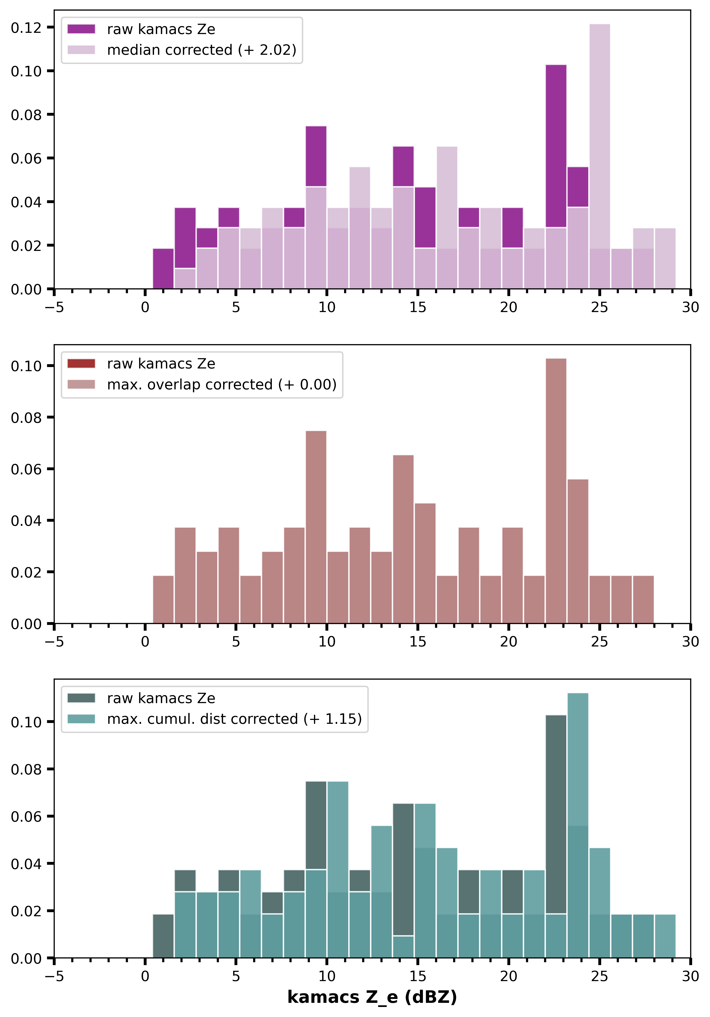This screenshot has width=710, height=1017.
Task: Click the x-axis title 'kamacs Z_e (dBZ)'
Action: pyautogui.click(x=372, y=997)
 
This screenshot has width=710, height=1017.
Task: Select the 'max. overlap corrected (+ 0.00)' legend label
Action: pyautogui.click(x=222, y=384)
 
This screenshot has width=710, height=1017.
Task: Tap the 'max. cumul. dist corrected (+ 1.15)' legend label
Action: pyautogui.click(x=234, y=719)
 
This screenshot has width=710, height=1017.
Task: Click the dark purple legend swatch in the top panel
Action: pyautogui.click(x=81, y=29)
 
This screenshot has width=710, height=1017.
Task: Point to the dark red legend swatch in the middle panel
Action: pyautogui.click(x=81, y=364)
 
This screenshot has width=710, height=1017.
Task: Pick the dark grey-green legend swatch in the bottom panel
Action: pyautogui.click(x=81, y=698)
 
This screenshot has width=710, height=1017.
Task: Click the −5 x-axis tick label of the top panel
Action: pyautogui.click(x=54, y=307)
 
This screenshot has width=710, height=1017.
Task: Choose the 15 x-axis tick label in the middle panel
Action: pyautogui.click(x=417, y=642)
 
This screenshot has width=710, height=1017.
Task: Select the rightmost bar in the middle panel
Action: pyautogui.click(x=643, y=599)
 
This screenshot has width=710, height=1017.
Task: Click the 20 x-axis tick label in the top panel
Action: pyautogui.click(x=508, y=307)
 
